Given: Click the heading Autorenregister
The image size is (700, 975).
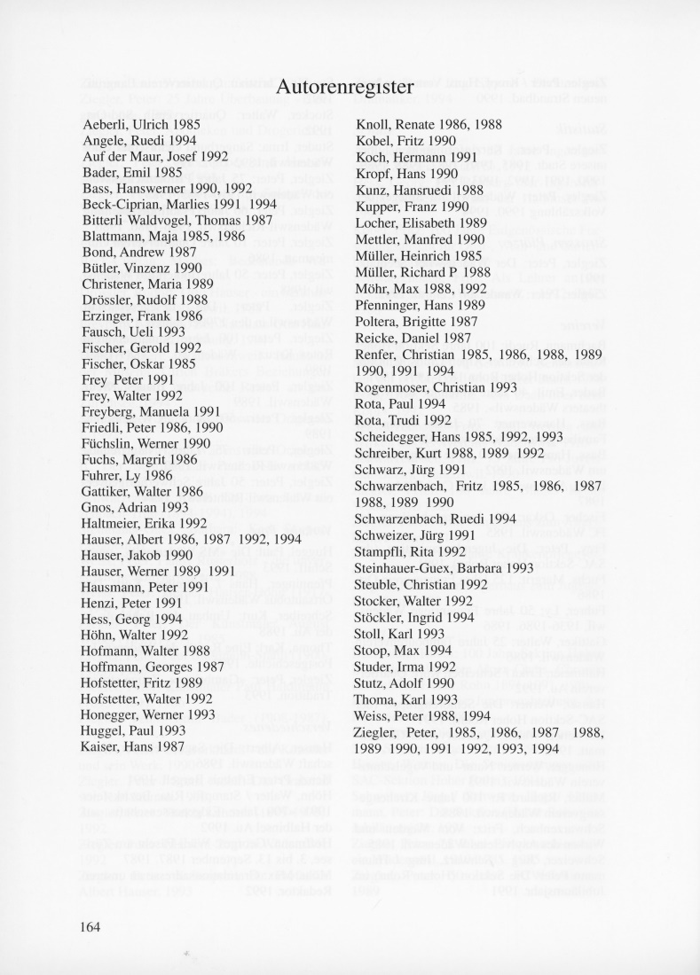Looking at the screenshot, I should click(x=345, y=87).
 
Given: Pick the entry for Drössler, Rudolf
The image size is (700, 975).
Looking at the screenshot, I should click(x=144, y=300).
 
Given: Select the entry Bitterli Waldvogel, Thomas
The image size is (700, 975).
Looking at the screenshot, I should click(x=165, y=221).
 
